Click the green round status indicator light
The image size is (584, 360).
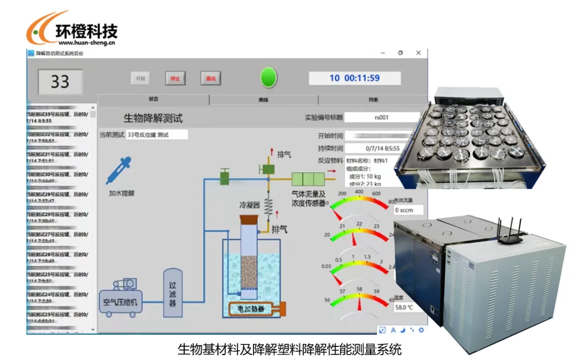tap(269, 78)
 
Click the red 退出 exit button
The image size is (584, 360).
tap(210, 78)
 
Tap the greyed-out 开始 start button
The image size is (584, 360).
tap(140, 78)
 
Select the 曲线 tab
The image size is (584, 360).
tap(263, 100)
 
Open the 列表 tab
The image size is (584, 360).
tap(373, 100)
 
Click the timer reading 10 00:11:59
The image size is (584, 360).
tap(355, 78)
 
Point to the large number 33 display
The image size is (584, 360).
tap(60, 82)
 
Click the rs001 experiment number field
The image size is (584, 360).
tap(382, 117)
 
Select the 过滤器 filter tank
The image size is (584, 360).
tap(172, 292)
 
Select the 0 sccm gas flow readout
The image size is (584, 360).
tap(408, 210)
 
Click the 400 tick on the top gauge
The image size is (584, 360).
tap(359, 192)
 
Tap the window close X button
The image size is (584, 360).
tap(418, 53)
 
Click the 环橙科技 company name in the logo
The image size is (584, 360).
tap(87, 31)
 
